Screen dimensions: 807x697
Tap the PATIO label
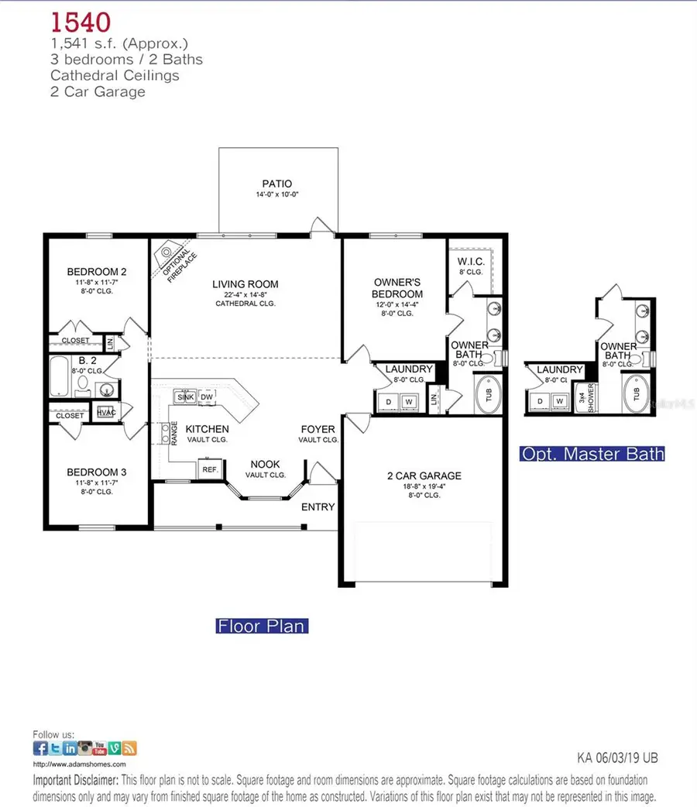(276, 184)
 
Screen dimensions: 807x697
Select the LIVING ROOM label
(245, 284)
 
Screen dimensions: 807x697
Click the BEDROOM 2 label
(97, 272)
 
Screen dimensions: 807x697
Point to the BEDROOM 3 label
(97, 472)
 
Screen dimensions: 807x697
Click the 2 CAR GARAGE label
(424, 476)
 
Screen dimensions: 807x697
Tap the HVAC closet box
(106, 413)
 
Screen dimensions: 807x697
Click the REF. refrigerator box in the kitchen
(209, 470)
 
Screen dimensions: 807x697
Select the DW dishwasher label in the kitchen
(207, 397)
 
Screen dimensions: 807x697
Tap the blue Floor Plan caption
(261, 624)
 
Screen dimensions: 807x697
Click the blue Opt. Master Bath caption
(592, 454)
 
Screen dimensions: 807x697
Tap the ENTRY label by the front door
(318, 507)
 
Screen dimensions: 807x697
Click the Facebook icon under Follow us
(40, 748)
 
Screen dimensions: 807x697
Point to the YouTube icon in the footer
(100, 748)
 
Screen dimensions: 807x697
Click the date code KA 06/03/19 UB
(617, 758)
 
